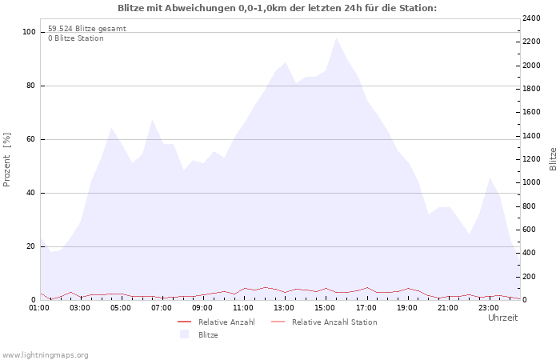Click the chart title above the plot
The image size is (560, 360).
(x=277, y=8)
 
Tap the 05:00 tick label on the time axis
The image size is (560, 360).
(x=120, y=308)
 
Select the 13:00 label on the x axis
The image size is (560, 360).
(x=284, y=308)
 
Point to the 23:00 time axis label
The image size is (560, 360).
(x=489, y=308)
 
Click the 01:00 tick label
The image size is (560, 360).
(x=39, y=308)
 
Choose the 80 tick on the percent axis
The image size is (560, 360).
(x=31, y=86)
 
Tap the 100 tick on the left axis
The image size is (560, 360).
(x=30, y=32)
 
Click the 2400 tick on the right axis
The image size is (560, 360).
(x=531, y=18)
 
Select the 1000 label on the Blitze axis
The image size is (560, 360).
(x=531, y=182)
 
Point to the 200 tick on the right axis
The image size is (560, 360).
(x=530, y=277)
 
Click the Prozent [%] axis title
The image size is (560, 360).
(x=6, y=160)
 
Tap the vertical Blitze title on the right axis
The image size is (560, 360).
(x=553, y=159)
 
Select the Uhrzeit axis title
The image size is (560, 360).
(x=503, y=318)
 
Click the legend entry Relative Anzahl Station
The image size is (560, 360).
(x=334, y=322)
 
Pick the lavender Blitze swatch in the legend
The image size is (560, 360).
(x=184, y=334)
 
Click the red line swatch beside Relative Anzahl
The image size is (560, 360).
(x=184, y=322)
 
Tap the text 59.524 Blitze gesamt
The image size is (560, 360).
(x=87, y=29)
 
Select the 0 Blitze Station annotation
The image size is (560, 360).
(x=76, y=38)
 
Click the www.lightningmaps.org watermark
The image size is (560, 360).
(x=45, y=355)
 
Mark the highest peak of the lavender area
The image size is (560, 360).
(x=336, y=38)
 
